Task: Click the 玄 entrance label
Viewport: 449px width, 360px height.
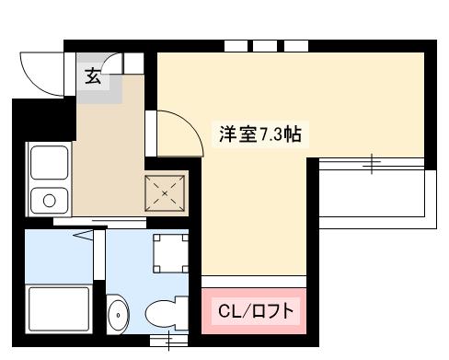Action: point(93,77)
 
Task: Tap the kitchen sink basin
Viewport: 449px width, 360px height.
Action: point(47,164)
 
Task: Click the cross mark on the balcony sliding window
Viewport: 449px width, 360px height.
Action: point(372,164)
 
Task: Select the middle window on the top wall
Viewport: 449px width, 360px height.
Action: point(265,45)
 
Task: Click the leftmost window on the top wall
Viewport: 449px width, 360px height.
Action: point(236,45)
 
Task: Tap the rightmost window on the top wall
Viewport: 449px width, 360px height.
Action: point(295,45)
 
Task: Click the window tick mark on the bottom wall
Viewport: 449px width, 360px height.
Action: point(168,344)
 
